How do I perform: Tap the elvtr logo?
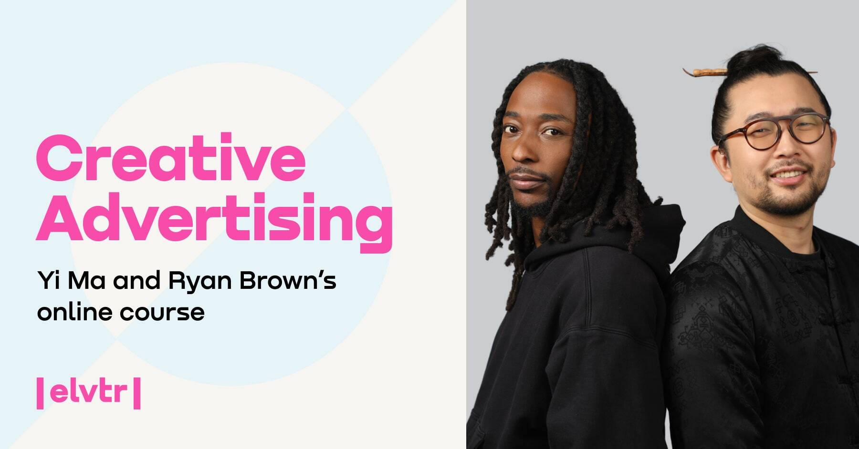pyautogui.click(x=89, y=393)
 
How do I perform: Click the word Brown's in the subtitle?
pyautogui.click(x=288, y=280)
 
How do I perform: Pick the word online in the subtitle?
pyautogui.click(x=74, y=312)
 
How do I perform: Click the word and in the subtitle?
pyautogui.click(x=136, y=280)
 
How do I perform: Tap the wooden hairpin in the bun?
pyautogui.click(x=706, y=72)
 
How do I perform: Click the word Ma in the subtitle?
pyautogui.click(x=86, y=280)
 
